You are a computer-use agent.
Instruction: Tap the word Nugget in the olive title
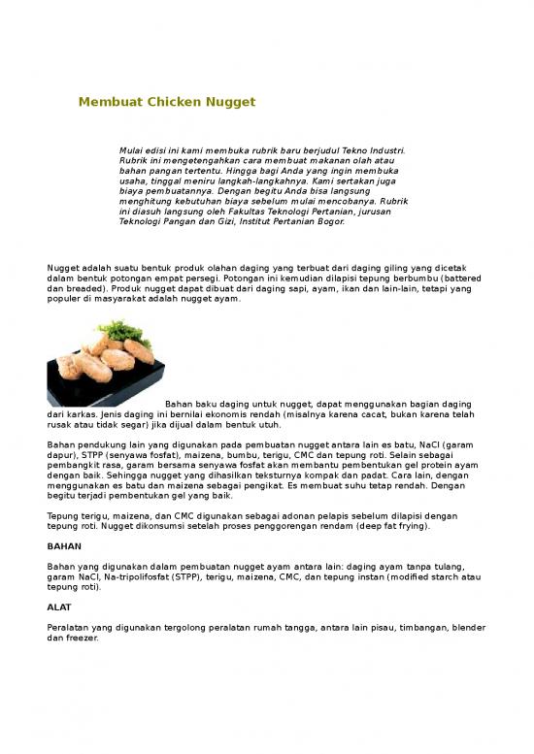pos(228,101)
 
